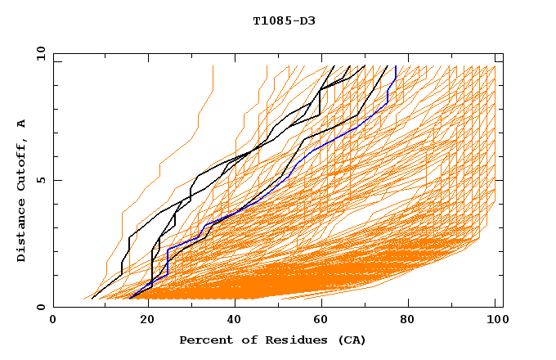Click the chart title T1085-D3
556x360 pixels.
click(284, 20)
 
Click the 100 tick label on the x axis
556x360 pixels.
click(496, 321)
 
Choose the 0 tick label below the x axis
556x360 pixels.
click(53, 321)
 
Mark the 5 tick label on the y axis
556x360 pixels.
click(38, 180)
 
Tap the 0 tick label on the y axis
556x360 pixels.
click(38, 307)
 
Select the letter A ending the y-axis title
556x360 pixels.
click(21, 123)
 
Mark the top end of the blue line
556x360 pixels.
click(396, 66)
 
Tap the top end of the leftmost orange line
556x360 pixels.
click(213, 66)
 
